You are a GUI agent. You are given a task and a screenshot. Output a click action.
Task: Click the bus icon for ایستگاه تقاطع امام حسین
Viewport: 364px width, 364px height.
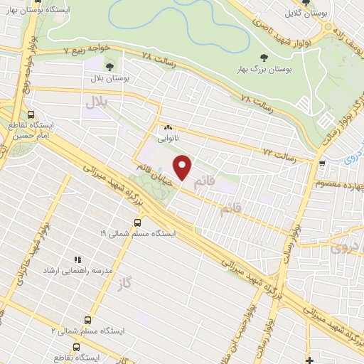31,114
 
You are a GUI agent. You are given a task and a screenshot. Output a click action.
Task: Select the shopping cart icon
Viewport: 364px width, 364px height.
322,163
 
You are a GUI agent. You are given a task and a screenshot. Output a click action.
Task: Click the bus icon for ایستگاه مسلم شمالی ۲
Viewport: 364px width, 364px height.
87,320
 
